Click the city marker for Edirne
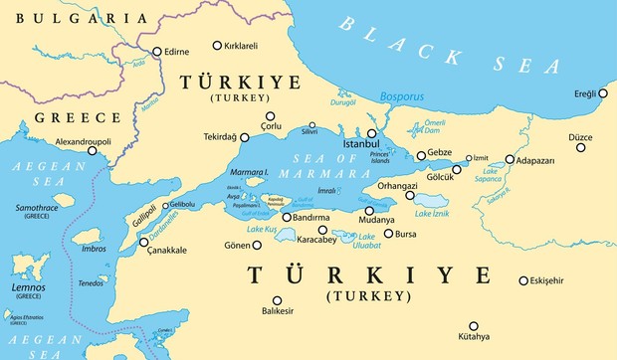coord(155,51)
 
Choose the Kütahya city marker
coord(474,325)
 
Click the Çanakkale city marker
coord(142,243)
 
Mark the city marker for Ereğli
coord(602,93)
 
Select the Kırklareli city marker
coord(218,46)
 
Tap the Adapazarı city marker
coord(510,159)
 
